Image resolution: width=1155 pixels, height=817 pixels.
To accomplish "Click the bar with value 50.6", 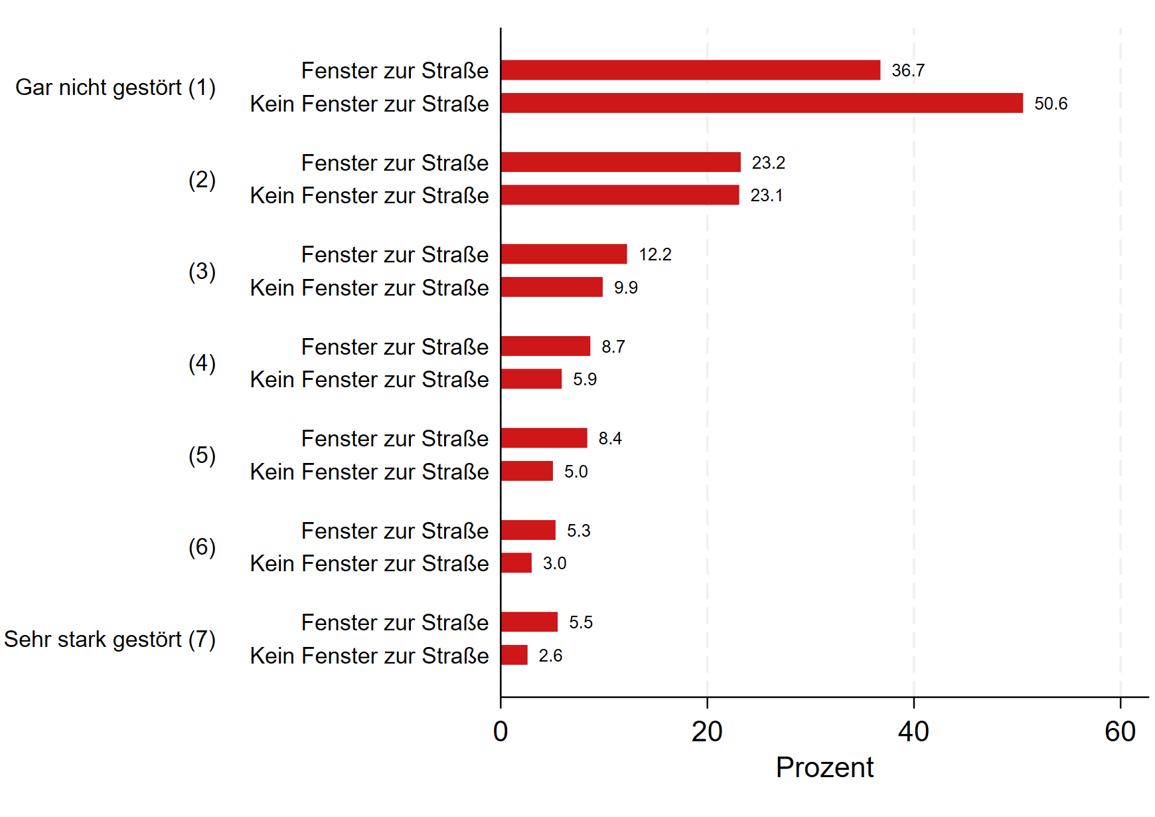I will pyautogui.click(x=761, y=103).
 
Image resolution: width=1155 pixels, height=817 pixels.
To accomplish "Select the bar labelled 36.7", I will pyautogui.click(x=690, y=70).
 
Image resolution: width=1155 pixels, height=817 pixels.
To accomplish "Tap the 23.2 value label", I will pyautogui.click(x=768, y=163).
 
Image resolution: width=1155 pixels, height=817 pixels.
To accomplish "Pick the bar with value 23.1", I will pyautogui.click(x=620, y=195).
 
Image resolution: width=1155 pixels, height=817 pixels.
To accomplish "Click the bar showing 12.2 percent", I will pyautogui.click(x=564, y=254).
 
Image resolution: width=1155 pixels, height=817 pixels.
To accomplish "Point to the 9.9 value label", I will pyautogui.click(x=625, y=288).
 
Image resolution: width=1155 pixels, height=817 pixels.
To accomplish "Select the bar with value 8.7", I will pyautogui.click(x=546, y=346).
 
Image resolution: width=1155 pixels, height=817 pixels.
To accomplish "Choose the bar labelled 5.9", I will pyautogui.click(x=531, y=379).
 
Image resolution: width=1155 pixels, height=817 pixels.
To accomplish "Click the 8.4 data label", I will pyautogui.click(x=609, y=438).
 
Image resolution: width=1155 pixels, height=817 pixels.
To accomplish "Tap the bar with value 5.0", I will pyautogui.click(x=527, y=471).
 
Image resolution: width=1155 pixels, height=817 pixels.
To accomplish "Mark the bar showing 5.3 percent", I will pyautogui.click(x=528, y=530).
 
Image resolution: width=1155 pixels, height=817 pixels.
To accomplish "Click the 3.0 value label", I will pyautogui.click(x=554, y=563).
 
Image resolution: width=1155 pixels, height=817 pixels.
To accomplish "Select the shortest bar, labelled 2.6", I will pyautogui.click(x=514, y=655).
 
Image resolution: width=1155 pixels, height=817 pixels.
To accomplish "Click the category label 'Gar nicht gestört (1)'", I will pyautogui.click(x=116, y=87).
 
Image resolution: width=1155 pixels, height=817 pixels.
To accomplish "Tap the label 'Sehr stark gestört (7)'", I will pyautogui.click(x=110, y=639).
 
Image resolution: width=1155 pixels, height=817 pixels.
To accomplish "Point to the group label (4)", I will pyautogui.click(x=202, y=363).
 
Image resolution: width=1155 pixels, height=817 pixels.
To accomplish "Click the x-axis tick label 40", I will pyautogui.click(x=913, y=732).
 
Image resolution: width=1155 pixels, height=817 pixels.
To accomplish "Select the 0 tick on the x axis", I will pyautogui.click(x=501, y=732).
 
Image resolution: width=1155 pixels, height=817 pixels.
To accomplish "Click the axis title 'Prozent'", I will pyautogui.click(x=824, y=768).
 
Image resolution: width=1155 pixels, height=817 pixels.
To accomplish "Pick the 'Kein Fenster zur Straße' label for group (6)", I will pyautogui.click(x=369, y=563).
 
